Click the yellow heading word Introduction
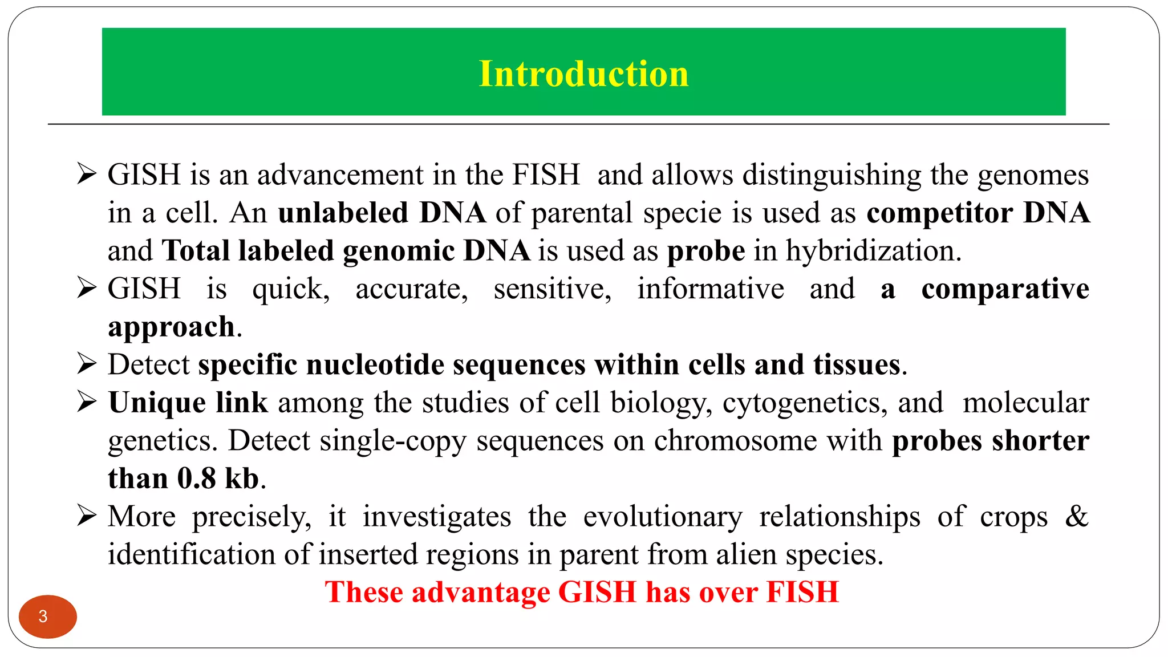(583, 74)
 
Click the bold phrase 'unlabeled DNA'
(382, 213)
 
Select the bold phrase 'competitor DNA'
(978, 213)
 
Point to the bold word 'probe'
(706, 251)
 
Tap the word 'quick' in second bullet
(290, 289)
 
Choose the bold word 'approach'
(171, 327)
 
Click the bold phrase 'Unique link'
(188, 403)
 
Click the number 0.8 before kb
(197, 478)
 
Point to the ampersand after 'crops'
(1077, 516)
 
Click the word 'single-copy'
(393, 441)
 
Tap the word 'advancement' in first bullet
(340, 175)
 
